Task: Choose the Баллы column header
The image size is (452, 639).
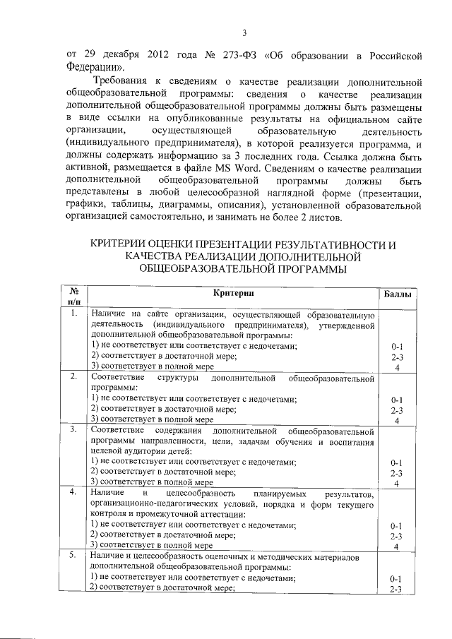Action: tap(397, 293)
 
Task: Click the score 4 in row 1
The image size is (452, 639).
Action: tap(398, 367)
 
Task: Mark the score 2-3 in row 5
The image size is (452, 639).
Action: tap(397, 589)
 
